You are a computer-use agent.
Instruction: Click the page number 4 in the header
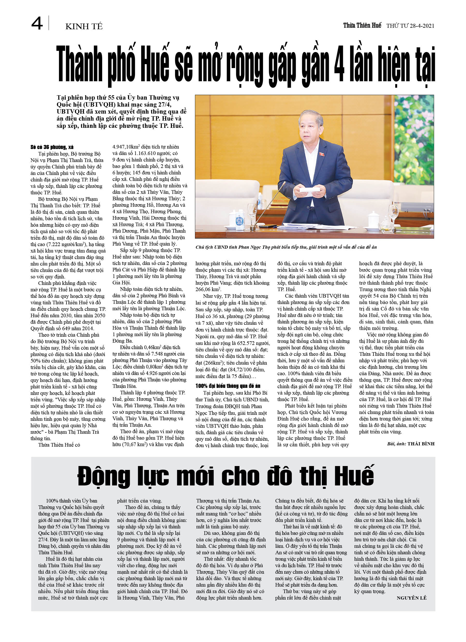[37, 24]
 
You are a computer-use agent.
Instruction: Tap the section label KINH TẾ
[84, 27]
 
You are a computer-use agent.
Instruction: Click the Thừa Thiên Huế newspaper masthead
[362, 25]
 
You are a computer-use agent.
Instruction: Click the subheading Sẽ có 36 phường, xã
[52, 147]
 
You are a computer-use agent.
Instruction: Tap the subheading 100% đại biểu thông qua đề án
[228, 386]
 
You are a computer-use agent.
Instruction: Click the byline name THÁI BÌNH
[421, 444]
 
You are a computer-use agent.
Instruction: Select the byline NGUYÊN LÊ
[411, 598]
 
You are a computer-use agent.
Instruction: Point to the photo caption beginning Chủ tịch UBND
[286, 247]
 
